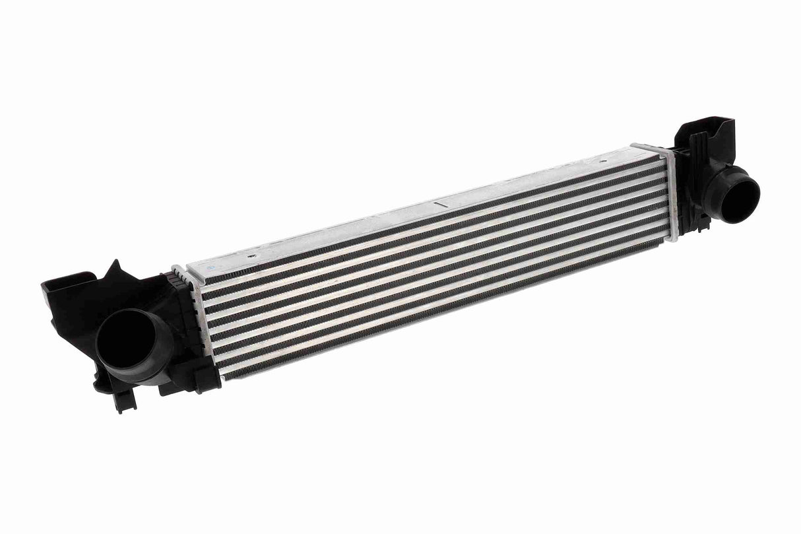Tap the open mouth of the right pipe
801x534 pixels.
click(738, 197)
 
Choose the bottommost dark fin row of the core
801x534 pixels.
click(442, 310)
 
